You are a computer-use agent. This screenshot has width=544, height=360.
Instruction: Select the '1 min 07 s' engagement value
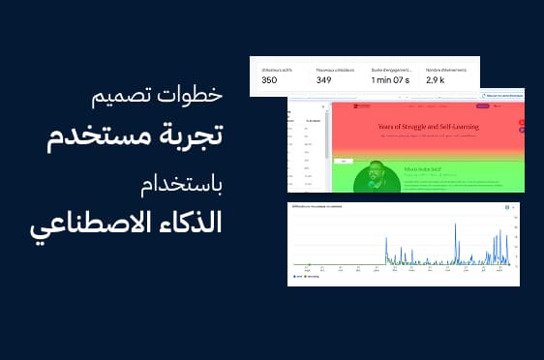[392, 79]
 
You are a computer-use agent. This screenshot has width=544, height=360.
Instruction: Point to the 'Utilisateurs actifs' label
[279, 69]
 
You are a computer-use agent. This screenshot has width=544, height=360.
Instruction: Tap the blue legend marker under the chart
[294, 276]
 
